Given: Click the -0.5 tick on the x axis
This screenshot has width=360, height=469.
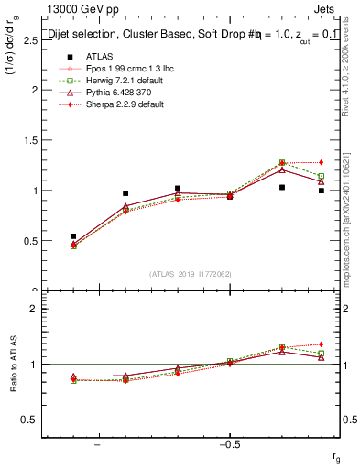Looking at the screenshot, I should pos(228,446).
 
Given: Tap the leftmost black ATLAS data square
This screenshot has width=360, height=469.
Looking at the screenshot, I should pos(73,236).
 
